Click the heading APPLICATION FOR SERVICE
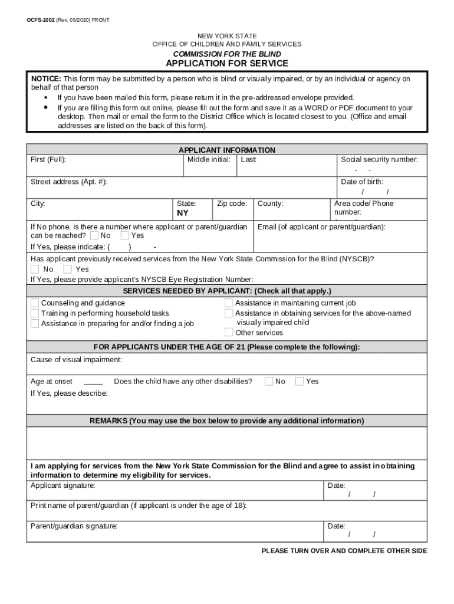[x=227, y=64]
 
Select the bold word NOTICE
[x=46, y=78]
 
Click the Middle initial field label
[x=209, y=160]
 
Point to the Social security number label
[x=379, y=160]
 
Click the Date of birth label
[x=362, y=182]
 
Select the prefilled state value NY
[x=183, y=213]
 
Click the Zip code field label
[x=232, y=203]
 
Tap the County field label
[x=271, y=203]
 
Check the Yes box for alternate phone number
[x=124, y=235]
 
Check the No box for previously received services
[x=35, y=269]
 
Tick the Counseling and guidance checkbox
[x=35, y=303]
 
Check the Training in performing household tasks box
[x=35, y=313]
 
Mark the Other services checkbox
[x=229, y=333]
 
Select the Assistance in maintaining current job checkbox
[x=229, y=303]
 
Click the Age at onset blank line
[x=93, y=382]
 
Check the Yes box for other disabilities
[x=300, y=381]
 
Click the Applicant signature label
[x=63, y=485]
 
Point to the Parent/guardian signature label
[x=74, y=526]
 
